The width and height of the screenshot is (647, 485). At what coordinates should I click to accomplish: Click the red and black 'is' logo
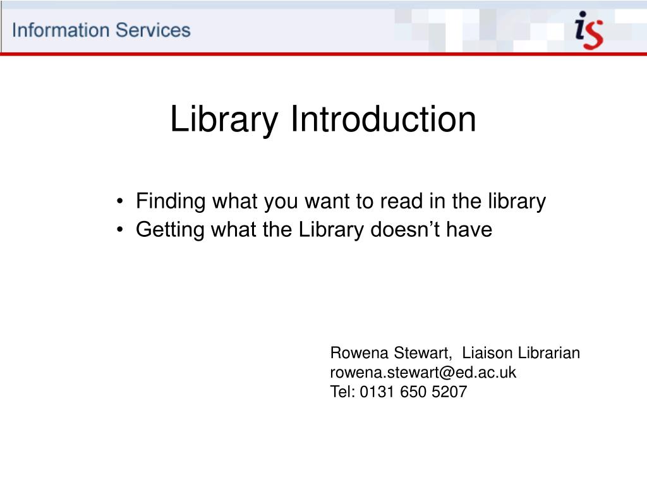click(589, 30)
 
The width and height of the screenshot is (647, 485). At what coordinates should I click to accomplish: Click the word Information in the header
click(61, 30)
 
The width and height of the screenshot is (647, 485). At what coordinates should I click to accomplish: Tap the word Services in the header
click(153, 30)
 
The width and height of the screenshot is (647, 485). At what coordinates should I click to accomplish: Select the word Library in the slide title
click(224, 119)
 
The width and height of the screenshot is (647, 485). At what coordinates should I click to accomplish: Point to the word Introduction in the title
click(384, 119)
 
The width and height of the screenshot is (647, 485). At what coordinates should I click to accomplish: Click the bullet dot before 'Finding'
click(119, 201)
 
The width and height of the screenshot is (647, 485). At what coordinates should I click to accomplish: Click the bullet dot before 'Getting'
click(119, 230)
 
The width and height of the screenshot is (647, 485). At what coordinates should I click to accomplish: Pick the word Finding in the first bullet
click(171, 202)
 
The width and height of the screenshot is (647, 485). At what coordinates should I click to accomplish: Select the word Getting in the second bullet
click(170, 230)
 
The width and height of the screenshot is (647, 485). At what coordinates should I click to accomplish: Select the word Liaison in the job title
click(487, 353)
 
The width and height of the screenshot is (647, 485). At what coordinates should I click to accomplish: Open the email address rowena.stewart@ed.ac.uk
click(423, 373)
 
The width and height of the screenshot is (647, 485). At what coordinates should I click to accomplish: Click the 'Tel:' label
click(342, 392)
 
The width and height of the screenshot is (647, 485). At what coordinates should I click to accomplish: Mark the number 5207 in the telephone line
click(449, 392)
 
